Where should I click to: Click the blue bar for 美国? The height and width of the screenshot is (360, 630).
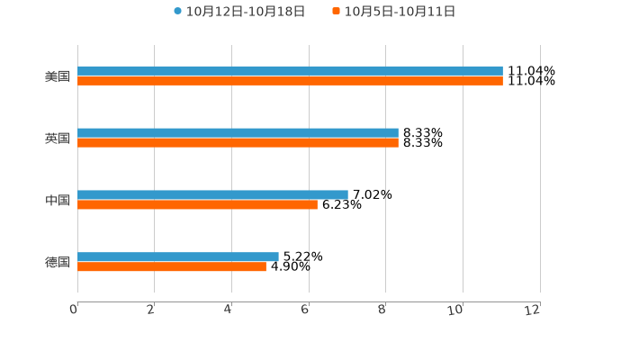[x=290, y=70]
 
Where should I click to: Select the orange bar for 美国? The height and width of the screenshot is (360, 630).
[x=290, y=80]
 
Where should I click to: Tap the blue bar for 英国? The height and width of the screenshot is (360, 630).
[x=238, y=132]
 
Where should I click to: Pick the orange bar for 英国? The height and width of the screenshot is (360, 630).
[x=238, y=142]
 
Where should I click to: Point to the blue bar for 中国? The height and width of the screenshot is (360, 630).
[x=212, y=194]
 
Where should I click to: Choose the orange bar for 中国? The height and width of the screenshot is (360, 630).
[x=197, y=204]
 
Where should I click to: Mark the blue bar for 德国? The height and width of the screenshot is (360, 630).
[x=178, y=256]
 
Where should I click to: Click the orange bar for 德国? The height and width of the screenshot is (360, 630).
[x=172, y=266]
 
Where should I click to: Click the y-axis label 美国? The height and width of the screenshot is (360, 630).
[x=58, y=76]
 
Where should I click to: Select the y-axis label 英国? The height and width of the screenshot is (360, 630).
[x=58, y=138]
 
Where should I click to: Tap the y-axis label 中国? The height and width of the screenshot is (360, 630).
[x=58, y=200]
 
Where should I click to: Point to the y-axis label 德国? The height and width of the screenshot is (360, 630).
[x=58, y=262]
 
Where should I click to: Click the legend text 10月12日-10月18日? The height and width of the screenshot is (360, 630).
[x=246, y=12]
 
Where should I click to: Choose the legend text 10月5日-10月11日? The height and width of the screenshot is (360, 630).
[x=400, y=12]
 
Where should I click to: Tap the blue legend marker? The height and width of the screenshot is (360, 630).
[x=178, y=12]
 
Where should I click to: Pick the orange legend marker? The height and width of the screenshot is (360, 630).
[x=337, y=12]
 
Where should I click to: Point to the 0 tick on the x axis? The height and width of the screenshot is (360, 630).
[x=74, y=310]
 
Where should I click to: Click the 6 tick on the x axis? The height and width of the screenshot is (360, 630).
[x=305, y=310]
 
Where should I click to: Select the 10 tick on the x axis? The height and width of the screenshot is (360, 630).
[x=455, y=310]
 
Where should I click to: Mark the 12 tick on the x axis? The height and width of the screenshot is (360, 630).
[x=533, y=310]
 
